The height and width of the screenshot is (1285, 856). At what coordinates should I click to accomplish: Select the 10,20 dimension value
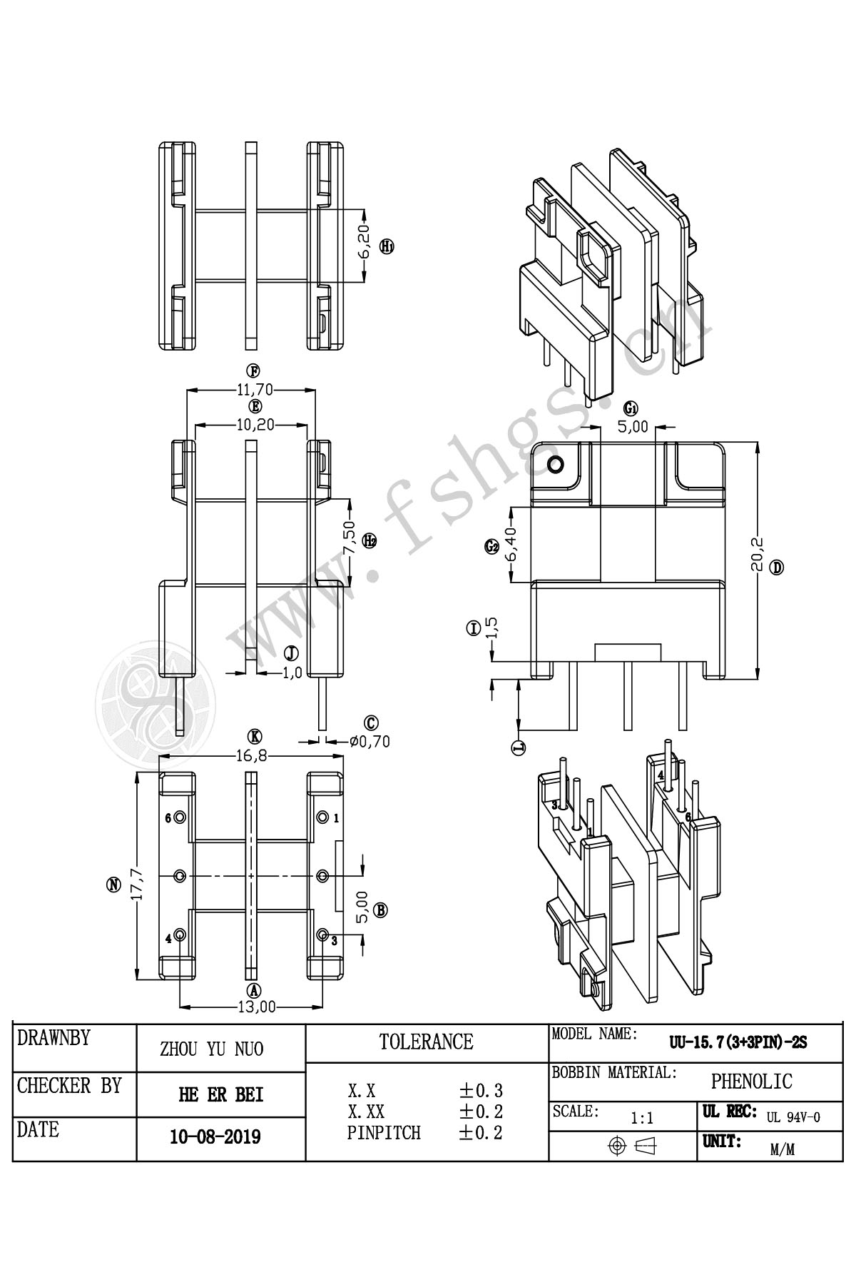(x=251, y=425)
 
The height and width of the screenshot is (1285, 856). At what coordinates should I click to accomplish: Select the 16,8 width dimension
(x=253, y=755)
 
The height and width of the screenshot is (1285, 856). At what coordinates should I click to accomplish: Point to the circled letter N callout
(x=113, y=885)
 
